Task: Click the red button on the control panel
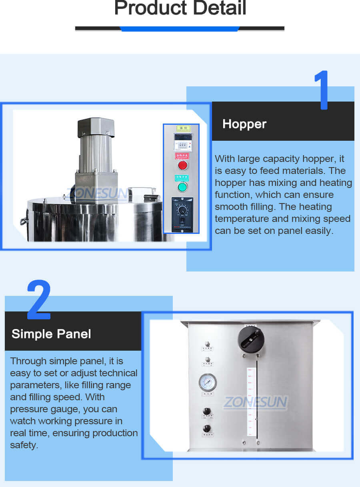pos(182,165)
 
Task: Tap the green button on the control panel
pos(182,187)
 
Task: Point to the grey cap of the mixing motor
pos(96,127)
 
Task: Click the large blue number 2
pos(39,300)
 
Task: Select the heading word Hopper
pos(244,124)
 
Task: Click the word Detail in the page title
pos(212,8)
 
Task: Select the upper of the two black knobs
pos(207,411)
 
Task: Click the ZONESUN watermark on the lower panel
pos(255,402)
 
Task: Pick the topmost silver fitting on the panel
pos(207,343)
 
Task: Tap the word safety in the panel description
pos(24,445)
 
